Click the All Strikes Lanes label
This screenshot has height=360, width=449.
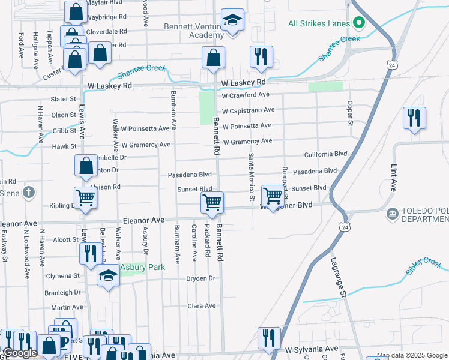[x=318, y=24]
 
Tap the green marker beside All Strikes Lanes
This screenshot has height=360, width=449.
[x=360, y=24]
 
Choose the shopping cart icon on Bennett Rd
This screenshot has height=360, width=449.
[x=212, y=202]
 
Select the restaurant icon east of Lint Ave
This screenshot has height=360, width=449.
[x=414, y=118]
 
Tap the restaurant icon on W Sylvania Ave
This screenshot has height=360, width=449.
[x=268, y=337]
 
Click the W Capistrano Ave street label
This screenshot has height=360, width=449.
[x=248, y=110]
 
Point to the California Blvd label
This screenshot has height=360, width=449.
[x=326, y=154]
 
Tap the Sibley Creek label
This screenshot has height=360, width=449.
[x=423, y=266]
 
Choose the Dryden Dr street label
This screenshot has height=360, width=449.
[x=200, y=278]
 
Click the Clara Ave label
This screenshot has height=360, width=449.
[x=202, y=306]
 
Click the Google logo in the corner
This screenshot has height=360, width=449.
[x=20, y=353]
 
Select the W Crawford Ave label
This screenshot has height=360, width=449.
[x=245, y=95]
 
